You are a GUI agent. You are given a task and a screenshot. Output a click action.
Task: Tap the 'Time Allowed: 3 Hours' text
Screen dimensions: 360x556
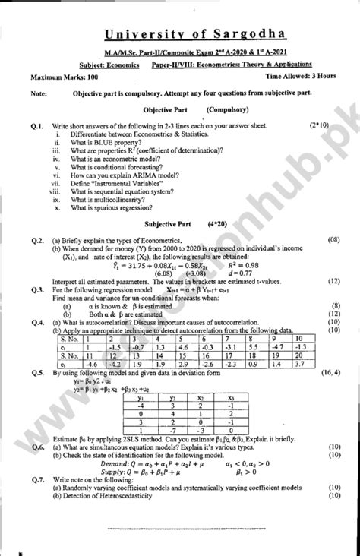coord(296,77)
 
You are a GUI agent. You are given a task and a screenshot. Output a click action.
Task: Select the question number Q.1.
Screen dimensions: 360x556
coord(38,123)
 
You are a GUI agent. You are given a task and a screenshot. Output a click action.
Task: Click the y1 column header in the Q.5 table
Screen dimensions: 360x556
coord(139,396)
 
